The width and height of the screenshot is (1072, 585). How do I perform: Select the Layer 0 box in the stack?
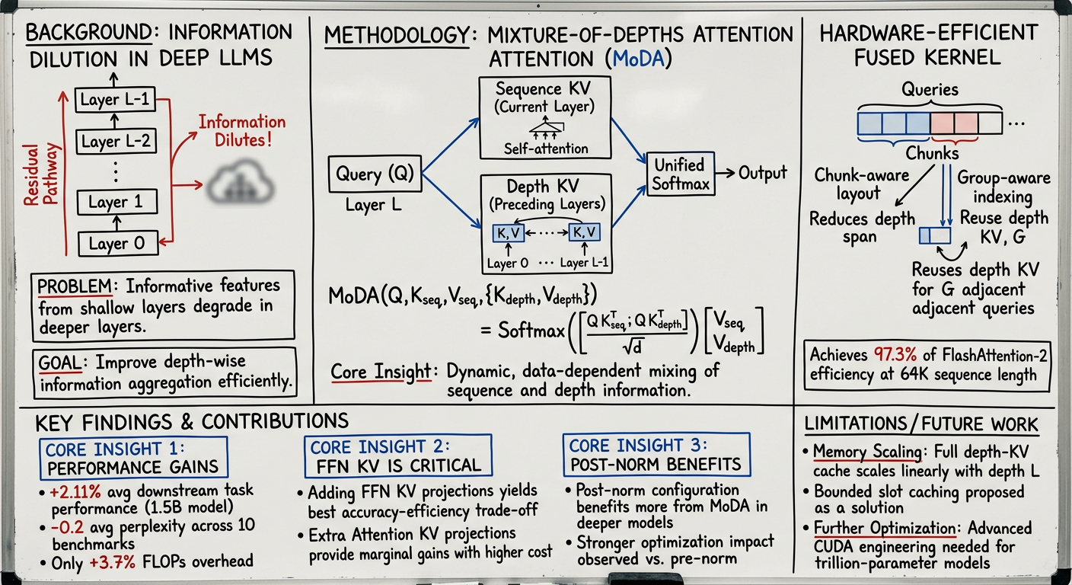pos(116,243)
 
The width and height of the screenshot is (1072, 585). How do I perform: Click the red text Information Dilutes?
pos(242,131)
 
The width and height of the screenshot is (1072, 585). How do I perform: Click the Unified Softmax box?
pos(679,173)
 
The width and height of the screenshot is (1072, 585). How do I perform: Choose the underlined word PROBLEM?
pos(75,287)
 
